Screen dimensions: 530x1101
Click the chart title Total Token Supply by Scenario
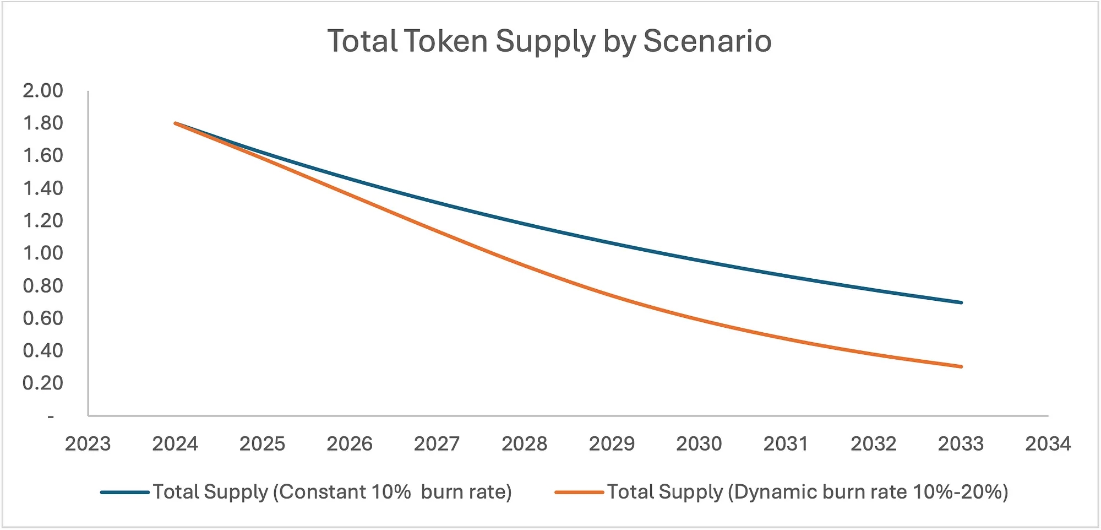coord(549,41)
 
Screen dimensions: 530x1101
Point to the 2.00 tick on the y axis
coord(43,90)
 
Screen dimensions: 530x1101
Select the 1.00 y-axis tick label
coord(43,253)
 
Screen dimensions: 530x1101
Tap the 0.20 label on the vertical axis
coord(43,383)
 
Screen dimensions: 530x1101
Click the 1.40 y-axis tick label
coord(43,188)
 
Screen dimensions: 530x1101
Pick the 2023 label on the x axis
coord(88,444)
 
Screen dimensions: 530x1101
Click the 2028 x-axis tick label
coord(524,444)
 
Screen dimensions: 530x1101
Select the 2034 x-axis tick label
coord(1048,444)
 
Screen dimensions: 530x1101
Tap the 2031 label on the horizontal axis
coord(786,444)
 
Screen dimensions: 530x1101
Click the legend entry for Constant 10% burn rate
coord(332,491)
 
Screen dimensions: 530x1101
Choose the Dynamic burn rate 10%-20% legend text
coord(808,491)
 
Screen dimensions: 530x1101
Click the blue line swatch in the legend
coord(125,492)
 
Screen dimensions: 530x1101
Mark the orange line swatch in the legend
coord(579,492)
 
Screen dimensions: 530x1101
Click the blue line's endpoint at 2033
coord(961,302)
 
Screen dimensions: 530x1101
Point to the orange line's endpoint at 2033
coord(961,366)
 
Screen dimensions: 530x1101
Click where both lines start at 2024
coord(176,123)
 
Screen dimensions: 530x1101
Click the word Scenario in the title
coord(707,41)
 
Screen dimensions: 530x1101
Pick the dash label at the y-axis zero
coord(51,417)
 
